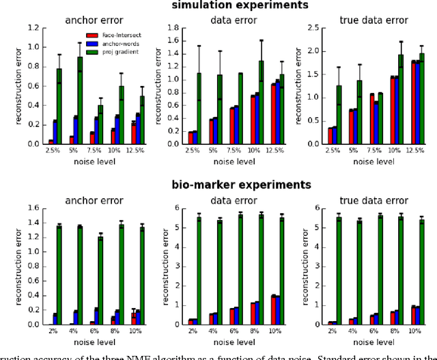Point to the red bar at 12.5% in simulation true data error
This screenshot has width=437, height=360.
point(395,103)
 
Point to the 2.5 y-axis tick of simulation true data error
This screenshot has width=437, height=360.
point(311,28)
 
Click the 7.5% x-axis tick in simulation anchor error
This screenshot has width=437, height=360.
point(92,152)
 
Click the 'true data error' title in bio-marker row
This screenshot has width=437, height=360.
point(373,201)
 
